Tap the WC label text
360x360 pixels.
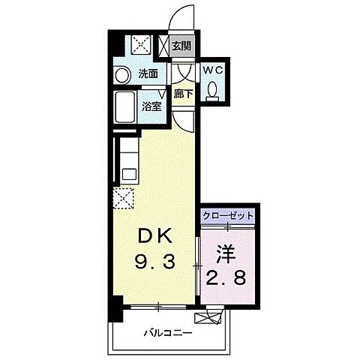214,70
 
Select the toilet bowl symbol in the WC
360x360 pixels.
214,90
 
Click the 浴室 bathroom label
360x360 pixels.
151,106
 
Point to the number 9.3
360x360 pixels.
155,263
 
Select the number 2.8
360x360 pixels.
227,280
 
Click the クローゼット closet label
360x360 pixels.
228,216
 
